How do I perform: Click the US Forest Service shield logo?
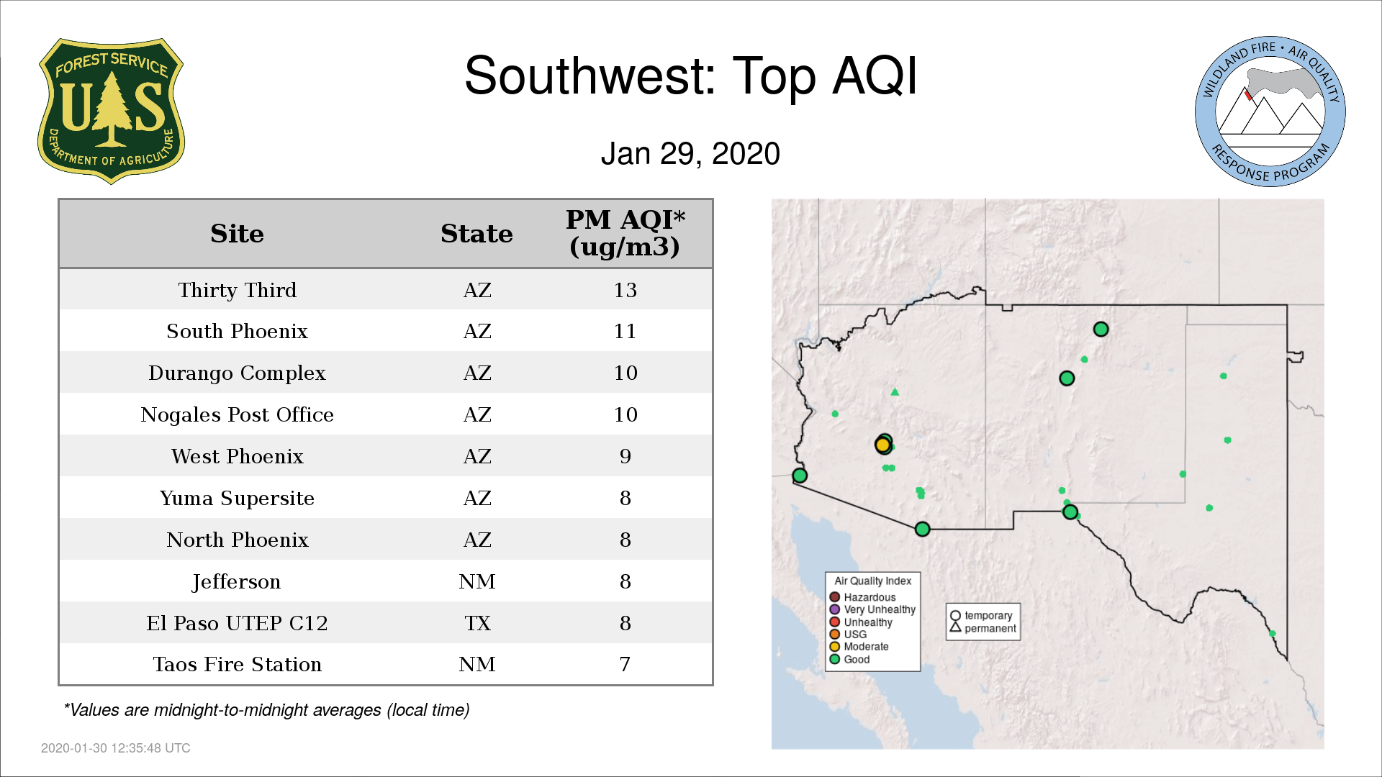(x=111, y=112)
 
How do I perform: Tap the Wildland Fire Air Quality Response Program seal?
(x=1270, y=112)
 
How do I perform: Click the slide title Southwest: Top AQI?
(x=690, y=76)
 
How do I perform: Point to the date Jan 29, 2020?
(x=690, y=154)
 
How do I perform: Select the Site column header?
(x=237, y=234)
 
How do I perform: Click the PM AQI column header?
(x=625, y=233)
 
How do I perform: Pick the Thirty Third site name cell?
(x=237, y=290)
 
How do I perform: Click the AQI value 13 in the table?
(x=625, y=290)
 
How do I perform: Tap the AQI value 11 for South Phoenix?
(x=625, y=331)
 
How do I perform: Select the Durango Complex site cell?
(x=237, y=373)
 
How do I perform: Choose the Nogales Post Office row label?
(x=237, y=414)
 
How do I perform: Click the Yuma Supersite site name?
(x=237, y=498)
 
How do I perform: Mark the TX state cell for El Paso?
(x=477, y=623)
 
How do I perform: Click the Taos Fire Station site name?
(x=237, y=664)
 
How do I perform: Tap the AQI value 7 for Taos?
(x=625, y=664)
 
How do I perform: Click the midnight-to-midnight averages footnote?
(x=266, y=710)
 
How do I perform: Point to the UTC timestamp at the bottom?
(x=115, y=748)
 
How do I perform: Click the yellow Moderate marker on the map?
(x=882, y=445)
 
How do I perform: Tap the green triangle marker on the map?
(x=895, y=392)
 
